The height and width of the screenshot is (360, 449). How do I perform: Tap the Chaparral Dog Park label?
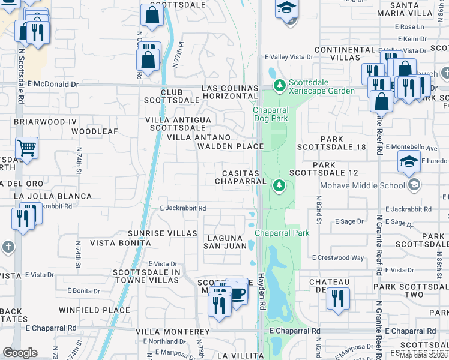270,114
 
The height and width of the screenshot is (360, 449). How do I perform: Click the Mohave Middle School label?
363,185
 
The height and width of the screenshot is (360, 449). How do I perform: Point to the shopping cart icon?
26,147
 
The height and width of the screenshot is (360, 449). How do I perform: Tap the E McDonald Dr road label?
53,85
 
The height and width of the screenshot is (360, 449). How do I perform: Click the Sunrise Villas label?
163,233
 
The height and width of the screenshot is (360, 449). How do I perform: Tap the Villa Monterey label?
173,332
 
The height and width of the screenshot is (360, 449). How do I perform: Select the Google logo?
20,353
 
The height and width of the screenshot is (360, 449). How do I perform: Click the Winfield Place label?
94,310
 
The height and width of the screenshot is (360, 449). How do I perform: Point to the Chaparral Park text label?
282,233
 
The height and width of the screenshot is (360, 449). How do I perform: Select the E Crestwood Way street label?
338,257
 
